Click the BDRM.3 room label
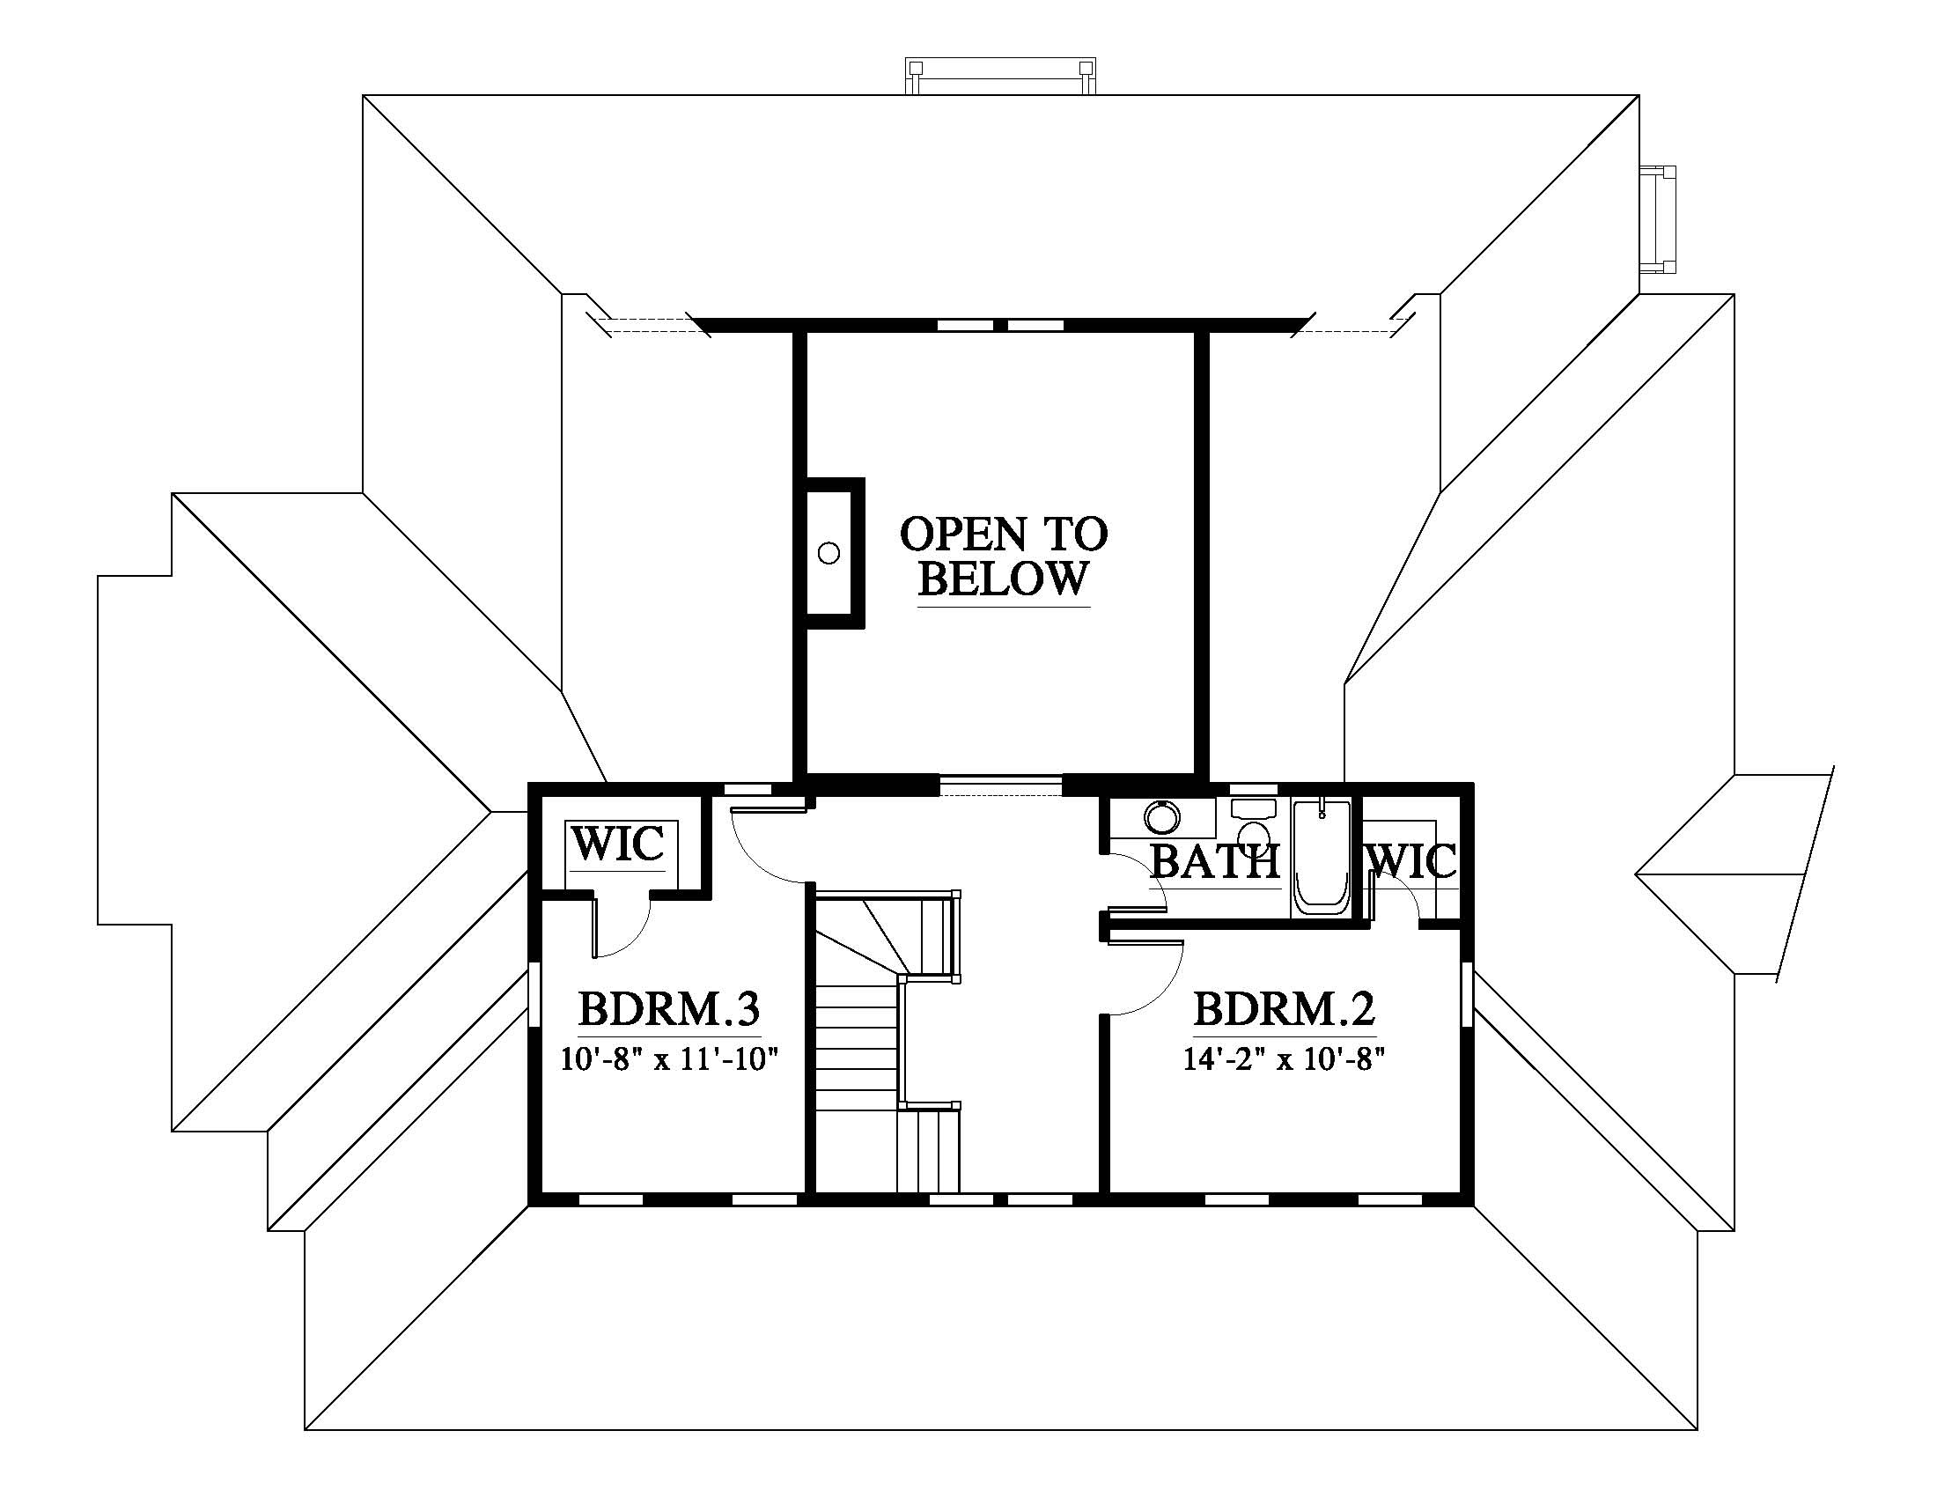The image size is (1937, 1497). point(669,1009)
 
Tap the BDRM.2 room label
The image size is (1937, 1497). point(1284,1009)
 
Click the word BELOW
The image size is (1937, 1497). point(1003,579)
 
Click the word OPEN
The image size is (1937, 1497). point(964,534)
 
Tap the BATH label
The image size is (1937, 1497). point(1215,861)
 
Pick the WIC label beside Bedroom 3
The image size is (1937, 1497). point(617,844)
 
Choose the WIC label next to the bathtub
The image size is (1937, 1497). point(1413,861)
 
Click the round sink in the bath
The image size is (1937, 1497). point(1161,817)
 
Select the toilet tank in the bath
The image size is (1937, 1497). point(1254,807)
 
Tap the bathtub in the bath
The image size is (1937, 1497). point(1322,858)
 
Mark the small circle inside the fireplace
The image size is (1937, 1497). point(829,554)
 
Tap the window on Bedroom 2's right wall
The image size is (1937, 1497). point(1467,996)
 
